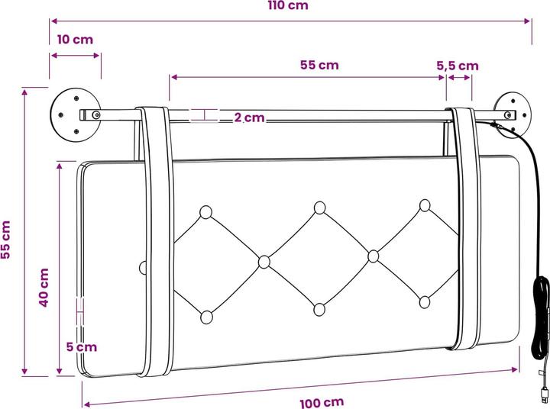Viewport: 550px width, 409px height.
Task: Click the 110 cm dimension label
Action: [x=288, y=5]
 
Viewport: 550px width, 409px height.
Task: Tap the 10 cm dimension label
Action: [x=75, y=40]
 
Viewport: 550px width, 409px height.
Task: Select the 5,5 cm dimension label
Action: [x=458, y=66]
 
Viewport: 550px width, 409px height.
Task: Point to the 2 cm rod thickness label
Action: [x=249, y=118]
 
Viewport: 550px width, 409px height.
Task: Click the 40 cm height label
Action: [x=44, y=288]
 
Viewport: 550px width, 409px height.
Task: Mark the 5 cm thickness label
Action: [x=82, y=347]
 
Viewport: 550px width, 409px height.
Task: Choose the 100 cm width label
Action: [x=322, y=403]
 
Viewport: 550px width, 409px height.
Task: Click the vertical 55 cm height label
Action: [x=5, y=240]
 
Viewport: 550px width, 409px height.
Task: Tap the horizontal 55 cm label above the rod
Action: [x=319, y=65]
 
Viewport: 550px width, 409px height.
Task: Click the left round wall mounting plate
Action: [x=76, y=114]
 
